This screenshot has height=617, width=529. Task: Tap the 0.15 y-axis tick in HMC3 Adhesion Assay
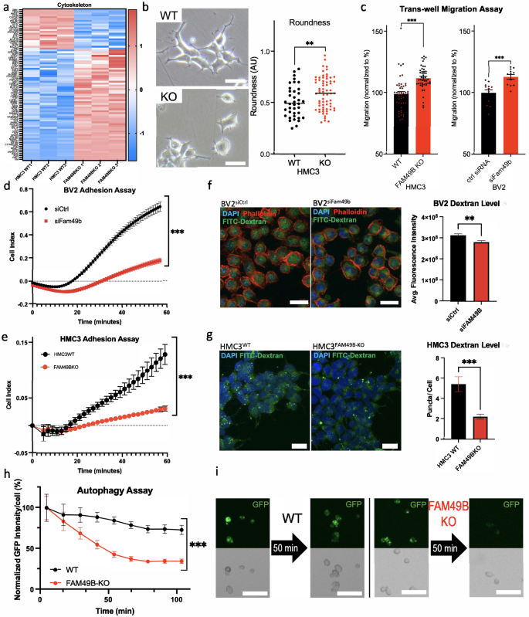click(x=17, y=341)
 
